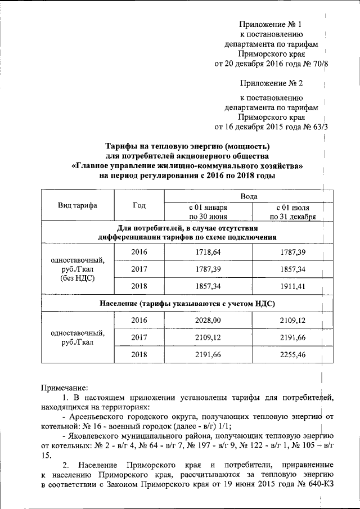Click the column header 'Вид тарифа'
pos(78,205)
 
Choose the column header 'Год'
pos(139,205)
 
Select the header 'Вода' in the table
pos(249,197)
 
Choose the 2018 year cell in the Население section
pos(139,354)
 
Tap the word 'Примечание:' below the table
pos(65,388)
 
